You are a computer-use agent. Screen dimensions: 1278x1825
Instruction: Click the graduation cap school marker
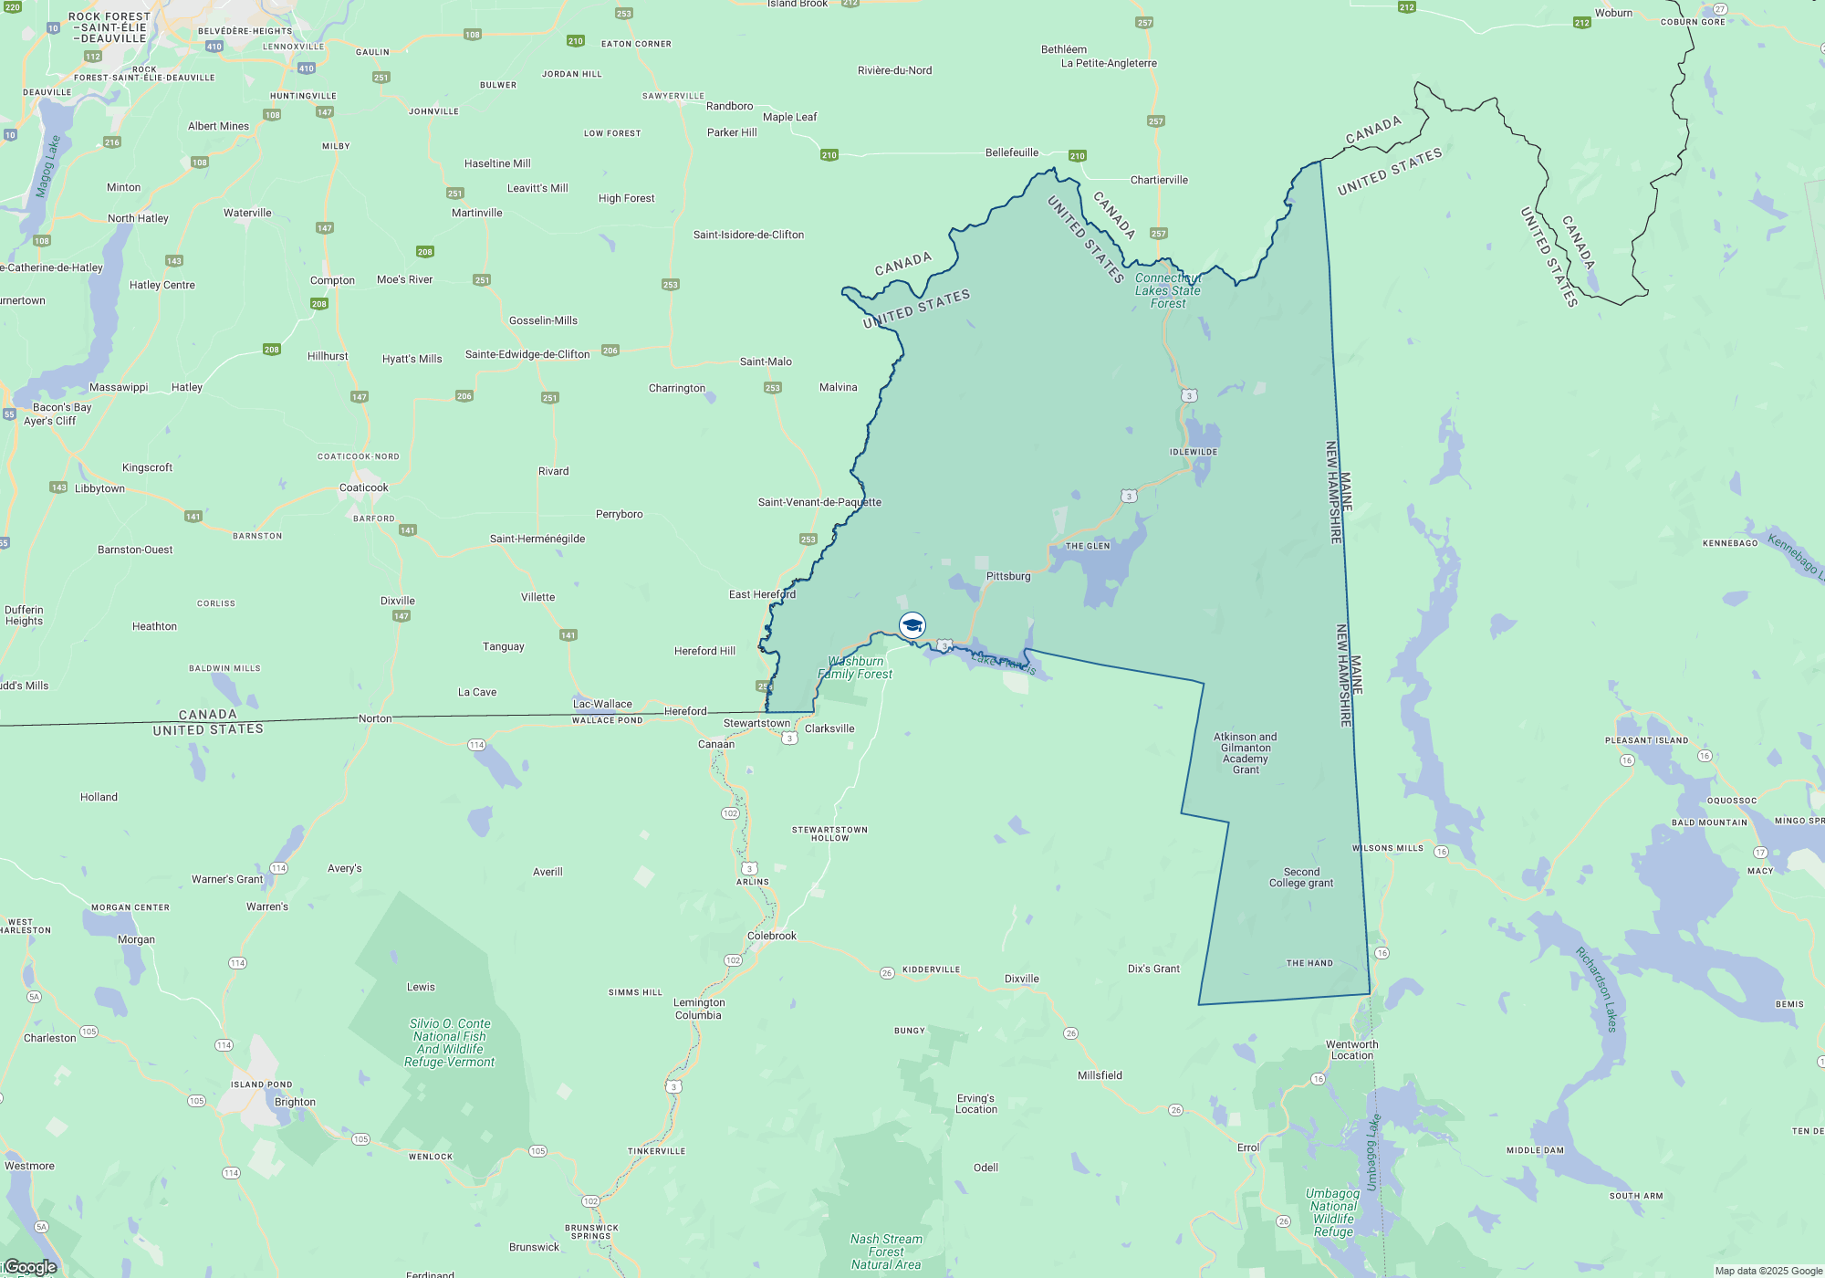pyautogui.click(x=912, y=625)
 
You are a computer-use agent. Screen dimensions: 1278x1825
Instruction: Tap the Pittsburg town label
pyautogui.click(x=1008, y=577)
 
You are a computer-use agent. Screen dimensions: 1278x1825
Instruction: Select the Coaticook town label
pyautogui.click(x=363, y=487)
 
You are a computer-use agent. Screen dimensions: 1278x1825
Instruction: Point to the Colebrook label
pyautogui.click(x=772, y=936)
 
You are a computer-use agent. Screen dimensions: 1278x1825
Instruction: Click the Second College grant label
pyautogui.click(x=1301, y=877)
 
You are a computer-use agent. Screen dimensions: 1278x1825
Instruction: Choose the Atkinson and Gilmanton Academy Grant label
pyautogui.click(x=1246, y=753)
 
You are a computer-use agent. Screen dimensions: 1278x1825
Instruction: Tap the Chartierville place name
pyautogui.click(x=1159, y=180)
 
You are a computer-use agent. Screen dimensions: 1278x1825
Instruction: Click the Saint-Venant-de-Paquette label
pyautogui.click(x=819, y=502)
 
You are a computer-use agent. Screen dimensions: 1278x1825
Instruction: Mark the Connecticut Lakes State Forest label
pyautogui.click(x=1168, y=291)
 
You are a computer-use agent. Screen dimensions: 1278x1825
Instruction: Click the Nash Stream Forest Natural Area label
pyautogui.click(x=886, y=1252)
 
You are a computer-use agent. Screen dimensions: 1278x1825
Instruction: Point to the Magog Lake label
pyautogui.click(x=47, y=167)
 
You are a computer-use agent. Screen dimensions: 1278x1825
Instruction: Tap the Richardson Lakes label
pyautogui.click(x=1597, y=990)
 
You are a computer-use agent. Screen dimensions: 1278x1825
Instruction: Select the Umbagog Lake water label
pyautogui.click(x=1372, y=1152)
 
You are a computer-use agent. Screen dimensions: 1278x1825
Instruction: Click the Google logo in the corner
pyautogui.click(x=30, y=1267)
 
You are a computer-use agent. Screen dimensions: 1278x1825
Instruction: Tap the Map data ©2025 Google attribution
pyautogui.click(x=1768, y=1271)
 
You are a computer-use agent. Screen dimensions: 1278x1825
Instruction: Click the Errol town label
pyautogui.click(x=1247, y=1147)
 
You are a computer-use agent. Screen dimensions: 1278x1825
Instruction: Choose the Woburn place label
pyautogui.click(x=1613, y=13)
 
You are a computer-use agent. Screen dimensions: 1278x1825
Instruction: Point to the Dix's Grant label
pyautogui.click(x=1153, y=969)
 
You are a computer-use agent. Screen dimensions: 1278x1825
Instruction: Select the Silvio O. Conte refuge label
pyautogui.click(x=450, y=1042)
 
